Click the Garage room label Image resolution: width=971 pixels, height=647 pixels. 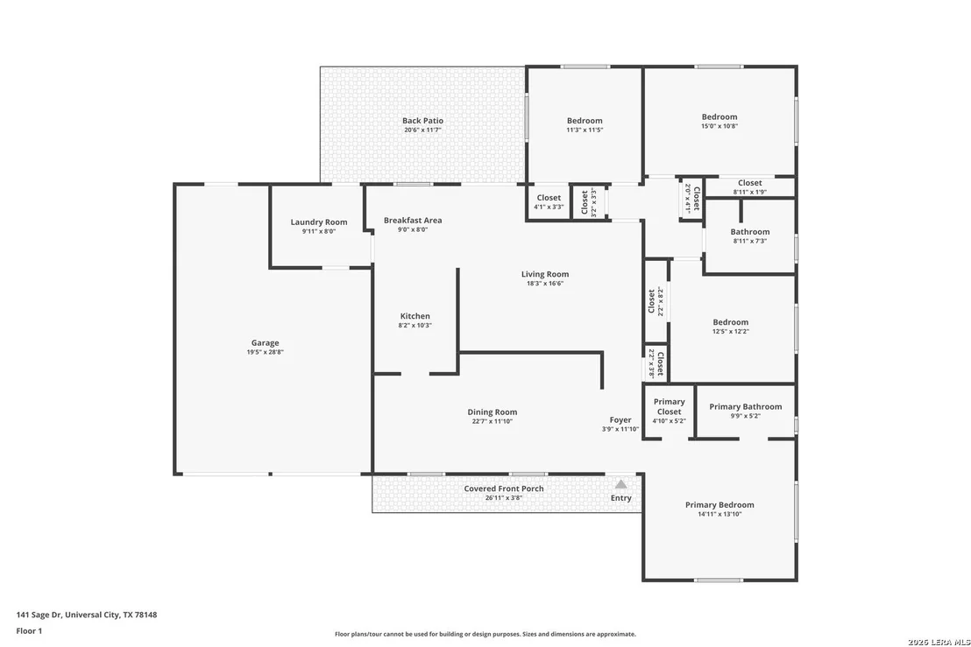pyautogui.click(x=265, y=342)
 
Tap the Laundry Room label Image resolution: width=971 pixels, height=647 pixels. pyautogui.click(x=319, y=222)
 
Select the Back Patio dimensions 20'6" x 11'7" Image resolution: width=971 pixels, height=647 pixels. pyautogui.click(x=423, y=130)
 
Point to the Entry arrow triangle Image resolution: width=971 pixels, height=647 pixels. pyautogui.click(x=620, y=484)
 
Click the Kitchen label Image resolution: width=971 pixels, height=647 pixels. pyautogui.click(x=415, y=316)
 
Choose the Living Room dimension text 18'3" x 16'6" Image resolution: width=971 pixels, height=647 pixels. pyautogui.click(x=545, y=284)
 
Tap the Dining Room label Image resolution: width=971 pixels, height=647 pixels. pyautogui.click(x=493, y=412)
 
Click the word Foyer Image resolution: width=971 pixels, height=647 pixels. pyautogui.click(x=620, y=420)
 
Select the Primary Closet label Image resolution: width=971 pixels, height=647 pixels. pyautogui.click(x=669, y=406)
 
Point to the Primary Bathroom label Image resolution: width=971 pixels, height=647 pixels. pyautogui.click(x=746, y=406)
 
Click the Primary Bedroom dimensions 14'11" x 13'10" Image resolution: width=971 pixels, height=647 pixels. pyautogui.click(x=719, y=514)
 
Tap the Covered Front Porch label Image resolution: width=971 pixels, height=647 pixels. pyautogui.click(x=504, y=489)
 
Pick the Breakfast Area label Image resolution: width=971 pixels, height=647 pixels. pyautogui.click(x=413, y=221)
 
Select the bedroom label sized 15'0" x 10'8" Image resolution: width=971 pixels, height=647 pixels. pyautogui.click(x=719, y=117)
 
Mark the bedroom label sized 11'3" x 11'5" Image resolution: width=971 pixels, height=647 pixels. pyautogui.click(x=585, y=121)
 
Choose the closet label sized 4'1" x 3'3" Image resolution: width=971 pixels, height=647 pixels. pyautogui.click(x=549, y=198)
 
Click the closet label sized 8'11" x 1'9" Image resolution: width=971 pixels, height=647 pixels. pyautogui.click(x=750, y=183)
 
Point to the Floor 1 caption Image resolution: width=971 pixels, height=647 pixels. pyautogui.click(x=29, y=631)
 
